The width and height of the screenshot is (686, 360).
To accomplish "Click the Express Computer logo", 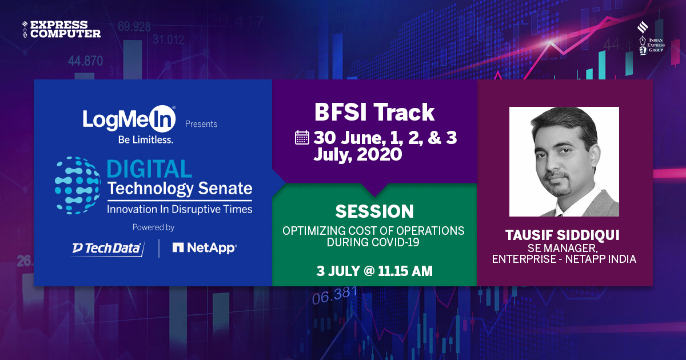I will pyautogui.click(x=62, y=29).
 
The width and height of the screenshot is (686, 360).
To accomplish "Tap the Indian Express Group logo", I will pyautogui.click(x=650, y=38).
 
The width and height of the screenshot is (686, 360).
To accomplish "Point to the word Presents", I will pyautogui.click(x=201, y=123).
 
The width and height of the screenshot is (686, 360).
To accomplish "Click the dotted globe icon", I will pyautogui.click(x=78, y=186).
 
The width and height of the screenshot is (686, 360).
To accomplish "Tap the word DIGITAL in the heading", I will pyautogui.click(x=149, y=169).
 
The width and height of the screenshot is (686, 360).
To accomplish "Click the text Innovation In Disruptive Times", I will pyautogui.click(x=180, y=209).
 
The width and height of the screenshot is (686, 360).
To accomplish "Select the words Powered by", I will pyautogui.click(x=153, y=227).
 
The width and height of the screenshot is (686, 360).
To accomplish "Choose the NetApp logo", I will pyautogui.click(x=204, y=248).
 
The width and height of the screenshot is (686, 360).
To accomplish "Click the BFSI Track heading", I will pyautogui.click(x=374, y=113).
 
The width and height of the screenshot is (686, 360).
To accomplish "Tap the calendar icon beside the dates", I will pyautogui.click(x=302, y=138).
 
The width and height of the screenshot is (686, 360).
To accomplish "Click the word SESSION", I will pyautogui.click(x=374, y=211).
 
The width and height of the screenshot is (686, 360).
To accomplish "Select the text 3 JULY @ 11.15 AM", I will pyautogui.click(x=374, y=271).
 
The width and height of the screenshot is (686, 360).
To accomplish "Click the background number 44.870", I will pyautogui.click(x=85, y=61).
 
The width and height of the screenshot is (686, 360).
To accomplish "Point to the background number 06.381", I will pyautogui.click(x=334, y=296).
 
